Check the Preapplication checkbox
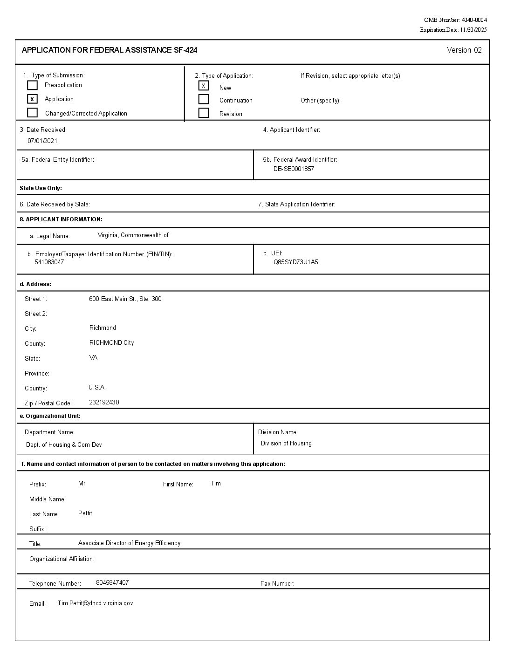point(32,85)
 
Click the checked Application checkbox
point(32,99)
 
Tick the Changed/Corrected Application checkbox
point(32,113)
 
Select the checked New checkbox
point(204,86)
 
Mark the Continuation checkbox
point(204,99)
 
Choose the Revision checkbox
point(204,113)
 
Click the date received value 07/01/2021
point(42,141)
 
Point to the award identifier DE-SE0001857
point(294,169)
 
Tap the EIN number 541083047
point(49,262)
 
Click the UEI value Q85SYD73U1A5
point(296,262)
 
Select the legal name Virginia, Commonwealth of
point(133,235)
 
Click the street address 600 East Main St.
point(125,299)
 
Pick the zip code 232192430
point(104,402)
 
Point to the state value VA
point(93,357)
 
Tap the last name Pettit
point(85,513)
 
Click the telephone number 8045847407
point(112,582)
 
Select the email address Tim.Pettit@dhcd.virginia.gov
point(95,603)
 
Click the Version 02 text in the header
point(464,50)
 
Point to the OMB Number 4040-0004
point(455,20)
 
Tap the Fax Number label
point(277,583)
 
